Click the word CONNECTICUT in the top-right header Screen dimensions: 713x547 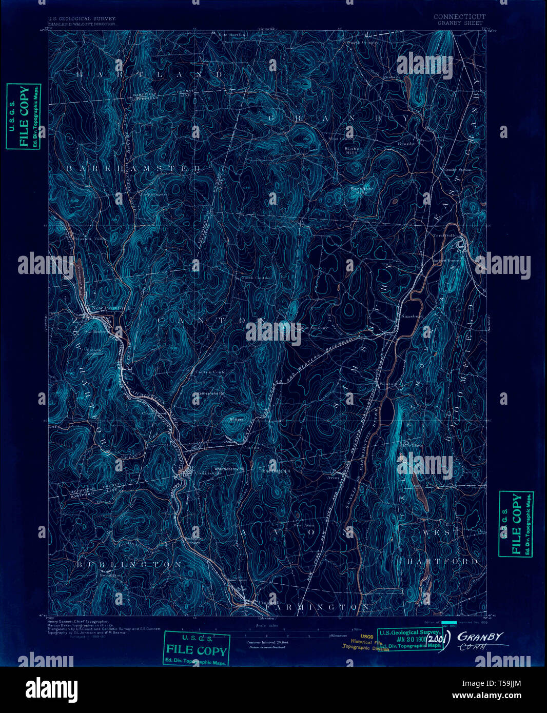459,17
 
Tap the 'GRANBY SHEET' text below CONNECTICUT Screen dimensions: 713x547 460,23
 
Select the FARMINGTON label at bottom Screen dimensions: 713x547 317,607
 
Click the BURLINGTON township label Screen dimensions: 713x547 129,564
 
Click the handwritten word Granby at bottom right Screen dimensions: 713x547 480,637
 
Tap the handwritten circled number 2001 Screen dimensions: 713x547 438,639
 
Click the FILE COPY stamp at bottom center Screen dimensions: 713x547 196,650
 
